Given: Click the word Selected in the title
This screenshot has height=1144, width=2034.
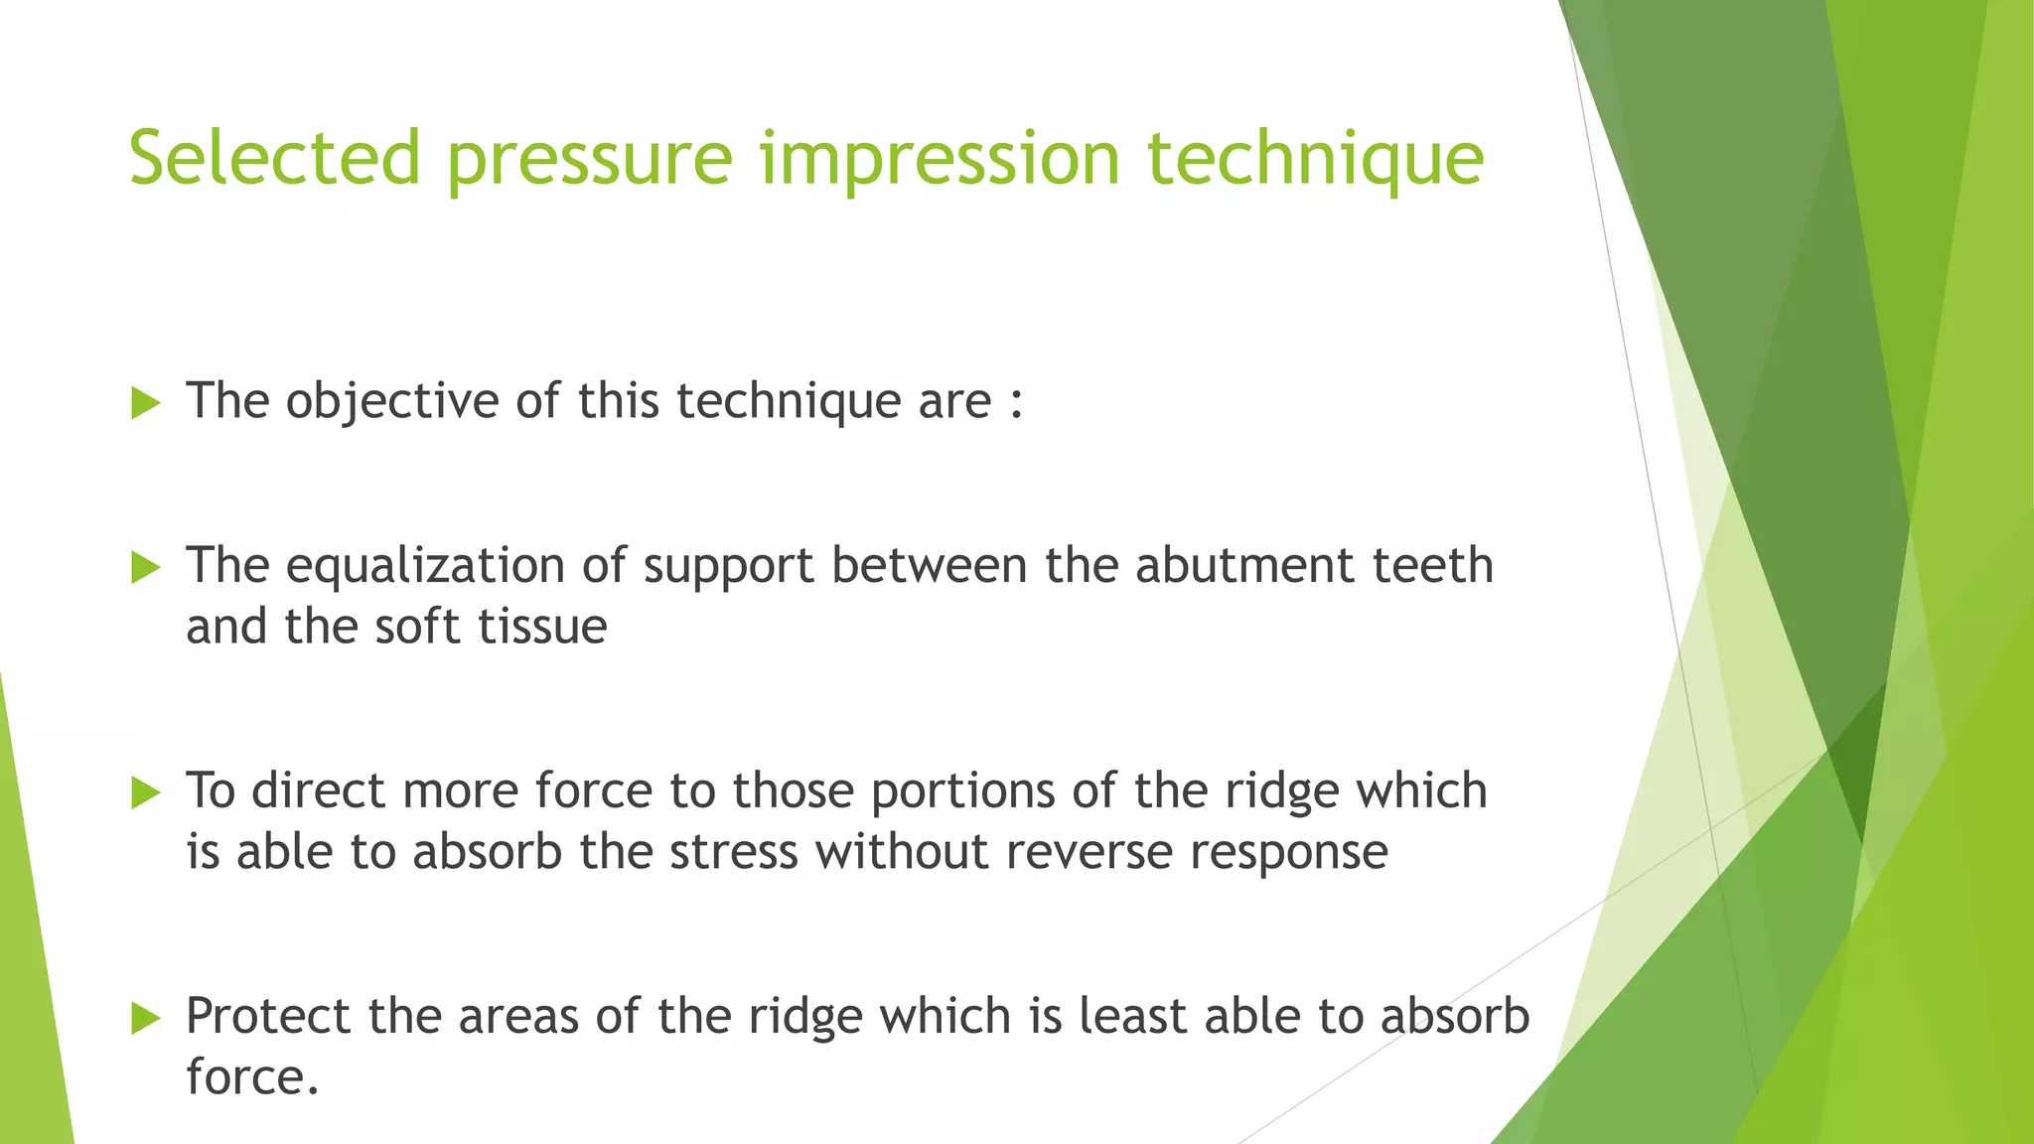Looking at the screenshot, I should tap(275, 159).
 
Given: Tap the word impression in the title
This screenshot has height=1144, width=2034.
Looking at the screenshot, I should tap(941, 159).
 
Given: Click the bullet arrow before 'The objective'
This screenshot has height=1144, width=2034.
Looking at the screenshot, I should tap(145, 403).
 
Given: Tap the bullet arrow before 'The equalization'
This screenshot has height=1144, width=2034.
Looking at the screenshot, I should tap(145, 568).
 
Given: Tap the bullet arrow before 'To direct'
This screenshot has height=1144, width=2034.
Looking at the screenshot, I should tap(145, 792).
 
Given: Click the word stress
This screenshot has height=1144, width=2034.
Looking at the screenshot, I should tap(733, 853).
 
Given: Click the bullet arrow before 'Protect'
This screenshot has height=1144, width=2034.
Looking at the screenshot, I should tap(145, 1018).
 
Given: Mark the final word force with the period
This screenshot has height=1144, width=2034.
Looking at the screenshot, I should tap(252, 1077).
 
